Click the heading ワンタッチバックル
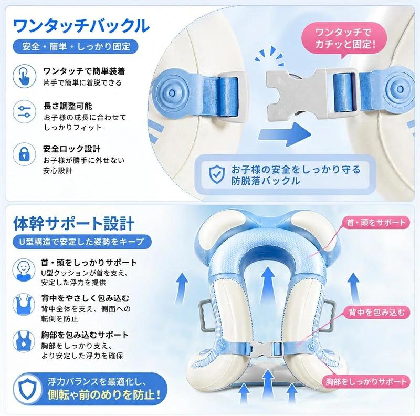tap(81, 26)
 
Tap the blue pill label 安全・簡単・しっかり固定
tap(76, 47)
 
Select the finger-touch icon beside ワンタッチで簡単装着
tap(24, 76)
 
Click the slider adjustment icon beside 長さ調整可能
tap(24, 111)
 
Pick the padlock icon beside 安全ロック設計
tap(24, 154)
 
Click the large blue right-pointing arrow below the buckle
tap(284, 134)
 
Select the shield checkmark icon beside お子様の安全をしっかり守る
tap(217, 175)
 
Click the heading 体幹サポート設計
tap(74, 223)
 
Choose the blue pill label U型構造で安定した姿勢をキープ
tap(82, 242)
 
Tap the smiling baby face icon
tap(24, 269)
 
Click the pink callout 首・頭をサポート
tap(376, 222)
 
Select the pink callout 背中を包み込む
tap(376, 313)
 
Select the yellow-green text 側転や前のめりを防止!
tap(104, 395)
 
